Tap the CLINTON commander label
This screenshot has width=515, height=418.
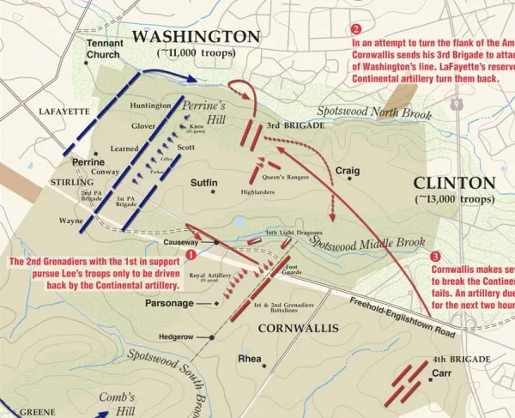(x=454, y=183)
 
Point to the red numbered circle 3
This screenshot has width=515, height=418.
(x=436, y=256)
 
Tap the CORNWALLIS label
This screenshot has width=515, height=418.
(x=294, y=328)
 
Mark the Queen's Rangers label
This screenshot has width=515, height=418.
(x=285, y=178)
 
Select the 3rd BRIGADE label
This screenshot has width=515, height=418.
(x=295, y=125)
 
